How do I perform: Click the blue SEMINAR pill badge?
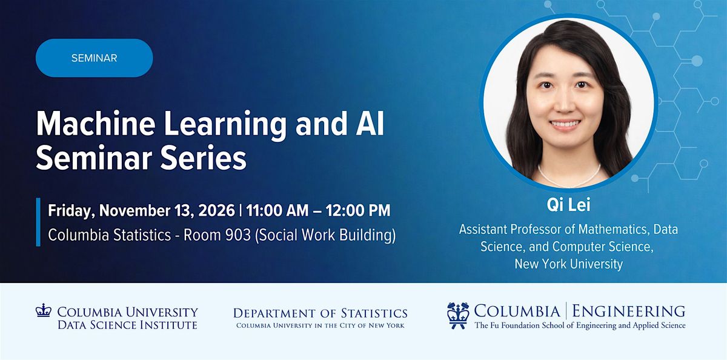(94, 58)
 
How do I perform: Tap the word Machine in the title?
(96, 124)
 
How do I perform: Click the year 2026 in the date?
(216, 210)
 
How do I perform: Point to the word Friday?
(71, 211)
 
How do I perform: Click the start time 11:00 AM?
(277, 210)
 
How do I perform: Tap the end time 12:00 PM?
(358, 210)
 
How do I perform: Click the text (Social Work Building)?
(325, 235)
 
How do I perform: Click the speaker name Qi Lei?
(568, 205)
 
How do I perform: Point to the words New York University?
(569, 264)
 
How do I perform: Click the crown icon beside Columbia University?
(44, 310)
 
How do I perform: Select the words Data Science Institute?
(128, 325)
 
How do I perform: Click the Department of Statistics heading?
(320, 313)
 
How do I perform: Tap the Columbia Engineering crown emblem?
(458, 316)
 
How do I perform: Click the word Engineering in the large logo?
(629, 311)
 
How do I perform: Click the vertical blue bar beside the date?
(38, 222)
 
